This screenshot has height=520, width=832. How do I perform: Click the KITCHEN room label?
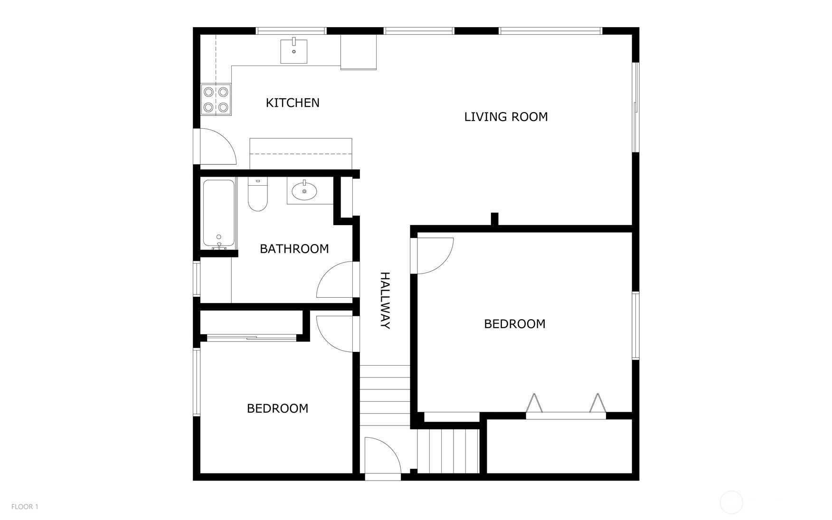[293, 103]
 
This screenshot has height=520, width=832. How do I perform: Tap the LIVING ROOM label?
[506, 117]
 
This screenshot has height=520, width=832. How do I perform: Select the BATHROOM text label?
[294, 249]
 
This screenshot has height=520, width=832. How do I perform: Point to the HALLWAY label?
[385, 301]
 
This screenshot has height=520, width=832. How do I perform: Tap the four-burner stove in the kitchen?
[216, 100]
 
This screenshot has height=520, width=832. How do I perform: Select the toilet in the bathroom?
[258, 195]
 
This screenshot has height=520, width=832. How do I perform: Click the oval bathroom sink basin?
[304, 192]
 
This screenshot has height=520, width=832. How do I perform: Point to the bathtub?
[219, 214]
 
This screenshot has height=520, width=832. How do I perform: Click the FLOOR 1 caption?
[25, 507]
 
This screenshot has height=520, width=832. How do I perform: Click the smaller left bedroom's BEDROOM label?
[277, 408]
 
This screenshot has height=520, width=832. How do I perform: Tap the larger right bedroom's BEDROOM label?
[515, 324]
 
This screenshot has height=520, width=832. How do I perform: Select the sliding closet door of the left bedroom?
[252, 338]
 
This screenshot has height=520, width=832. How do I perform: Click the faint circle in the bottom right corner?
[731, 502]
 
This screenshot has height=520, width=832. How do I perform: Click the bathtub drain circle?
[219, 237]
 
